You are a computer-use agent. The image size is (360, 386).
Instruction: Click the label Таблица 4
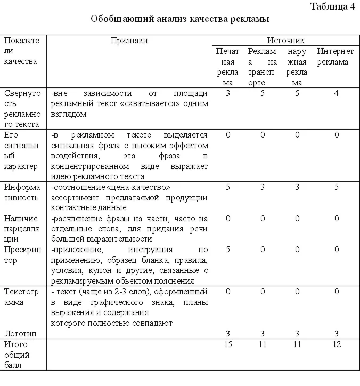click(x=332, y=6)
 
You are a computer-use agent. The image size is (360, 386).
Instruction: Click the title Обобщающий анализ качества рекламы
click(x=179, y=19)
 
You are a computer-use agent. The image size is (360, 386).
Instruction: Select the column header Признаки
click(x=129, y=41)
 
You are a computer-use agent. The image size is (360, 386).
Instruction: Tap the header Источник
click(x=285, y=41)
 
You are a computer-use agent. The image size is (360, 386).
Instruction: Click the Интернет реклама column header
click(x=336, y=57)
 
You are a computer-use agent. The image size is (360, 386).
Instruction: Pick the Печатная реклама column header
click(x=228, y=67)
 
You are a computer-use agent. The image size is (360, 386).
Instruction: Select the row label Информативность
click(x=22, y=192)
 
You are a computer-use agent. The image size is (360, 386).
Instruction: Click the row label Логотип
click(x=18, y=334)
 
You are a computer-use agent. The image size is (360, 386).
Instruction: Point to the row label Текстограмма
click(x=22, y=297)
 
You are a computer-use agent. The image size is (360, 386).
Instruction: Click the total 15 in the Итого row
click(x=228, y=345)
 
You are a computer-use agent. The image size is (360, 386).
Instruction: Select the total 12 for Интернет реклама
click(x=336, y=345)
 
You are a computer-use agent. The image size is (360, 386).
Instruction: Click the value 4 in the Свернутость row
click(x=336, y=93)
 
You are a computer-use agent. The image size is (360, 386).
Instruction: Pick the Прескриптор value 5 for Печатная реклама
click(x=228, y=250)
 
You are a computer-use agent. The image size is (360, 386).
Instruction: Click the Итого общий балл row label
click(x=17, y=355)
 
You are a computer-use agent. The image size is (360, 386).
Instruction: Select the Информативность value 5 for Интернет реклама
click(x=336, y=187)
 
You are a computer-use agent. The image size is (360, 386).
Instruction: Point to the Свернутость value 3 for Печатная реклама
click(x=228, y=93)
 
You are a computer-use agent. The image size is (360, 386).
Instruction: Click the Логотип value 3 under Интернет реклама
click(x=336, y=334)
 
